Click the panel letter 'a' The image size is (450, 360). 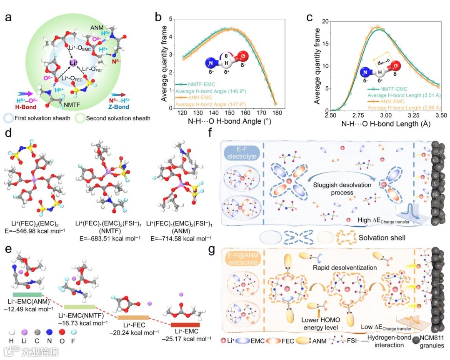7,17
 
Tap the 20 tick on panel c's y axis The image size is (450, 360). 323,21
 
